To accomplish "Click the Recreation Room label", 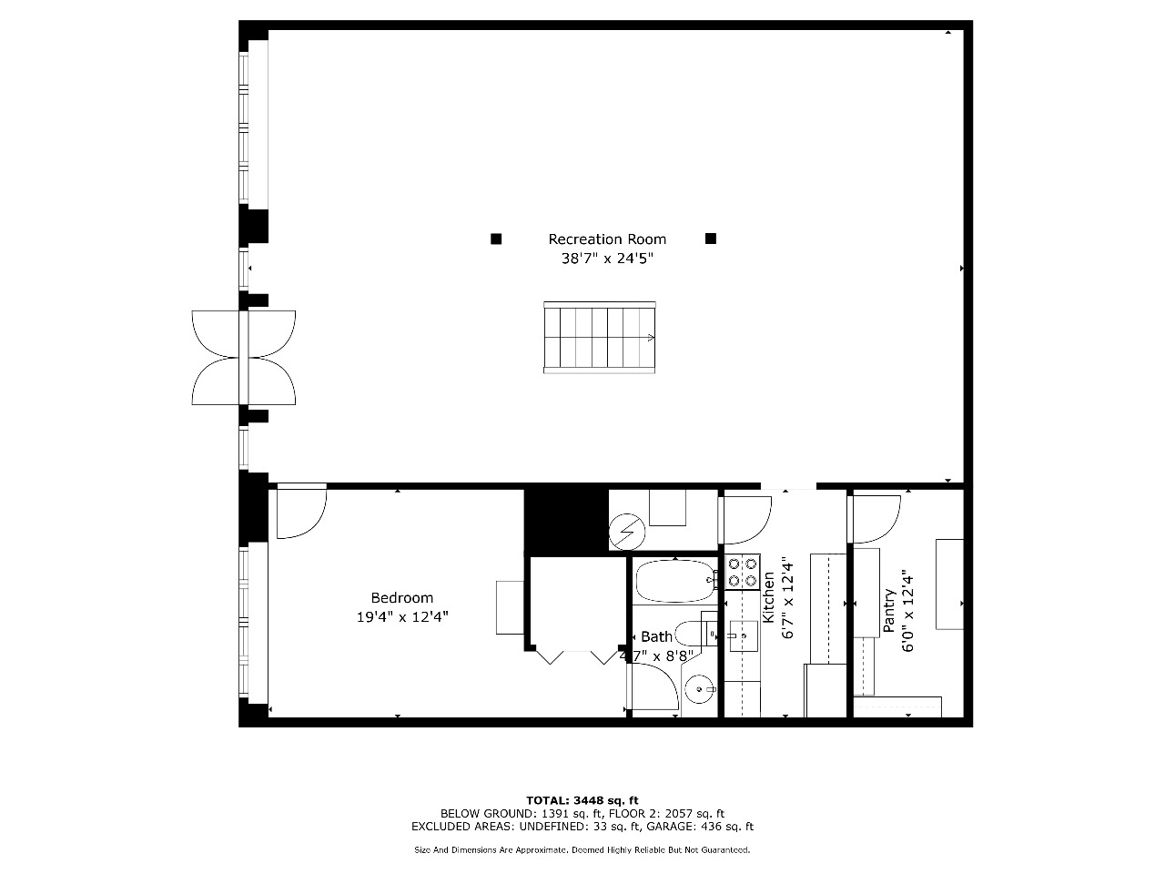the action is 607,239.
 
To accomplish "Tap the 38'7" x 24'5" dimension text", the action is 607,259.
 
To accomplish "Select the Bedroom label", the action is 401,598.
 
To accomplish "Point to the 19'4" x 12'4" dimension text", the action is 402,617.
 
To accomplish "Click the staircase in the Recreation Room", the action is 599,338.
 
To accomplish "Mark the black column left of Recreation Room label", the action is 496,239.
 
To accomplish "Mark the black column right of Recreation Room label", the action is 711,239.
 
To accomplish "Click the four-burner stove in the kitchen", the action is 743,572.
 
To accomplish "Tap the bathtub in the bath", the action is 675,581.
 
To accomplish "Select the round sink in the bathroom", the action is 700,689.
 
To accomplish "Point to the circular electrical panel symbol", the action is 627,532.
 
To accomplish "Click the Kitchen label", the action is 768,597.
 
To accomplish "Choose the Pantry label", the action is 889,611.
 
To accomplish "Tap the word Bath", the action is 656,636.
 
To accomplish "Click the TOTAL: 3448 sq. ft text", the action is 582,800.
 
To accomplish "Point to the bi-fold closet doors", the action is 577,656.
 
